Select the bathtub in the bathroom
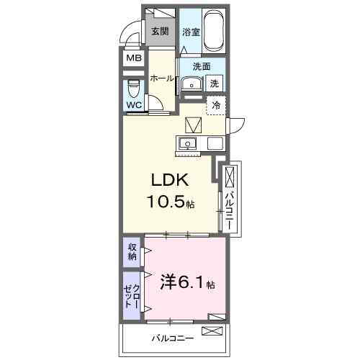point(214,30)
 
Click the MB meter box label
point(135,58)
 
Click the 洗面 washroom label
point(201,67)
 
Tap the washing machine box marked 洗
point(214,83)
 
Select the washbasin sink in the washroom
point(190,84)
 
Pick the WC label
point(134,105)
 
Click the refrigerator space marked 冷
point(215,105)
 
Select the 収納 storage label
point(132,252)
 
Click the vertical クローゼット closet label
point(132,295)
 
